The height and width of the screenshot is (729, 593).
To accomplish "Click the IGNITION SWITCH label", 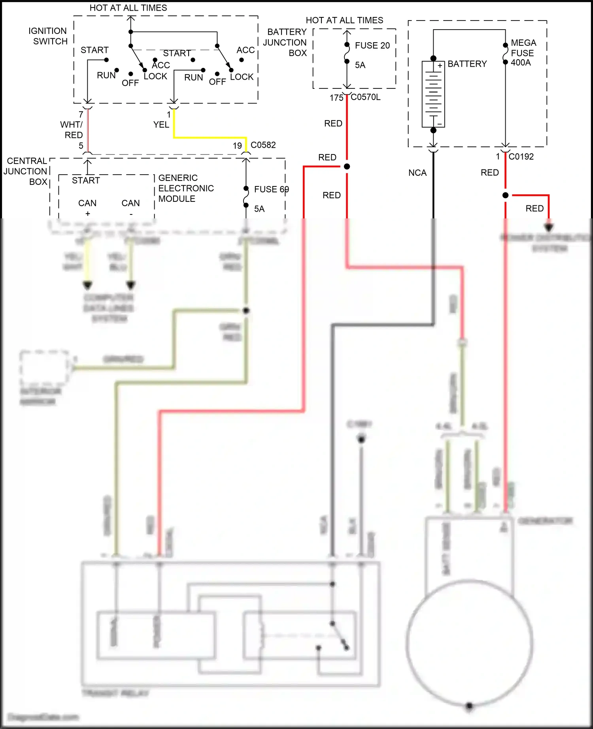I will tap(48, 36).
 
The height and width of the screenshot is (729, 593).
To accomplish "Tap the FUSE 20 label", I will tap(372, 45).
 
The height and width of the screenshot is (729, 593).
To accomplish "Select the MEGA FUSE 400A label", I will tap(523, 53).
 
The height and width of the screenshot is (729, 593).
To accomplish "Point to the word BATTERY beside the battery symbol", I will tap(467, 64).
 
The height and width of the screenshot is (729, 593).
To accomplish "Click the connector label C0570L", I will tap(366, 97).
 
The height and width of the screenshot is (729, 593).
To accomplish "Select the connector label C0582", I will tap(263, 145).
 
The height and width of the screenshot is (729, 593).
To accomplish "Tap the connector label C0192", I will tap(521, 157).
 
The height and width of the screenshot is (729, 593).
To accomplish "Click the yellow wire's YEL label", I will tap(161, 125).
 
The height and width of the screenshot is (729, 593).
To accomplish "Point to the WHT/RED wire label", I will tap(72, 130).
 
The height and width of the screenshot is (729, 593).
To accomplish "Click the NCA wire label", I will tap(417, 173).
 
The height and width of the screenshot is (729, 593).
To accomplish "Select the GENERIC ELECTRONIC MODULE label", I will tap(186, 188).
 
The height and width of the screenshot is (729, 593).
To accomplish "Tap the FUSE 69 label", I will tap(271, 190).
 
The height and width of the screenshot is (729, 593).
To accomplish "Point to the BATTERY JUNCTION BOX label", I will tap(286, 42).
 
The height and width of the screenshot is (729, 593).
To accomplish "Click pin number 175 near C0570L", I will tap(336, 98).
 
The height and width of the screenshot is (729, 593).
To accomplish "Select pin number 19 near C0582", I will tap(237, 146).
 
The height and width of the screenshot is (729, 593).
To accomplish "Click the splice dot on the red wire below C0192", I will tap(505, 195).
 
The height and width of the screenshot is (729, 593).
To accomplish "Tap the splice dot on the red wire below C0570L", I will tap(347, 167).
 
